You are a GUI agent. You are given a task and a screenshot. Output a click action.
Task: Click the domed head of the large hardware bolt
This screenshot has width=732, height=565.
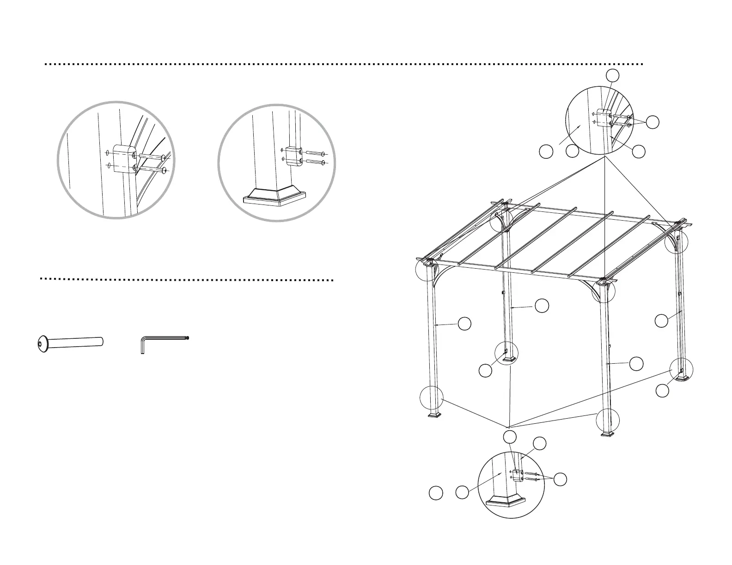click(42, 344)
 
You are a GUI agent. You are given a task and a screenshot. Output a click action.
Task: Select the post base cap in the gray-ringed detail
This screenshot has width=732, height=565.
click(275, 197)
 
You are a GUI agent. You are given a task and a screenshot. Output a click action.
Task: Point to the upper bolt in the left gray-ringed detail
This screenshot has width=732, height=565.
click(150, 157)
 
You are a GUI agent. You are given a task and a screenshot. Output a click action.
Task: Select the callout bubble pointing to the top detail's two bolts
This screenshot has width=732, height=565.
click(652, 122)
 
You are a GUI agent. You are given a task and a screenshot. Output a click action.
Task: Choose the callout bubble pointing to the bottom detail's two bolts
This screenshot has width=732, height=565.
click(560, 480)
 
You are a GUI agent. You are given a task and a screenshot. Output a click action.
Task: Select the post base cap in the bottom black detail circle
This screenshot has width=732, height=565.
click(508, 499)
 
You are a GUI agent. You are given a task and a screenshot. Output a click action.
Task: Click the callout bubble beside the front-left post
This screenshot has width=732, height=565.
click(464, 324)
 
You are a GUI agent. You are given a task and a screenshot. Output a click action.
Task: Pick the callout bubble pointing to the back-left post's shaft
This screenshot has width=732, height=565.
click(542, 305)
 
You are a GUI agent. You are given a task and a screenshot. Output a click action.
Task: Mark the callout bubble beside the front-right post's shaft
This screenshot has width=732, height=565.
click(636, 363)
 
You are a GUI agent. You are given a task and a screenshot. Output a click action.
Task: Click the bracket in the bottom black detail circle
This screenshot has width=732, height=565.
click(518, 475)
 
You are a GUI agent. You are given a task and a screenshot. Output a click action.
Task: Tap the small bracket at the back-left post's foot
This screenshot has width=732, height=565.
click(506, 352)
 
